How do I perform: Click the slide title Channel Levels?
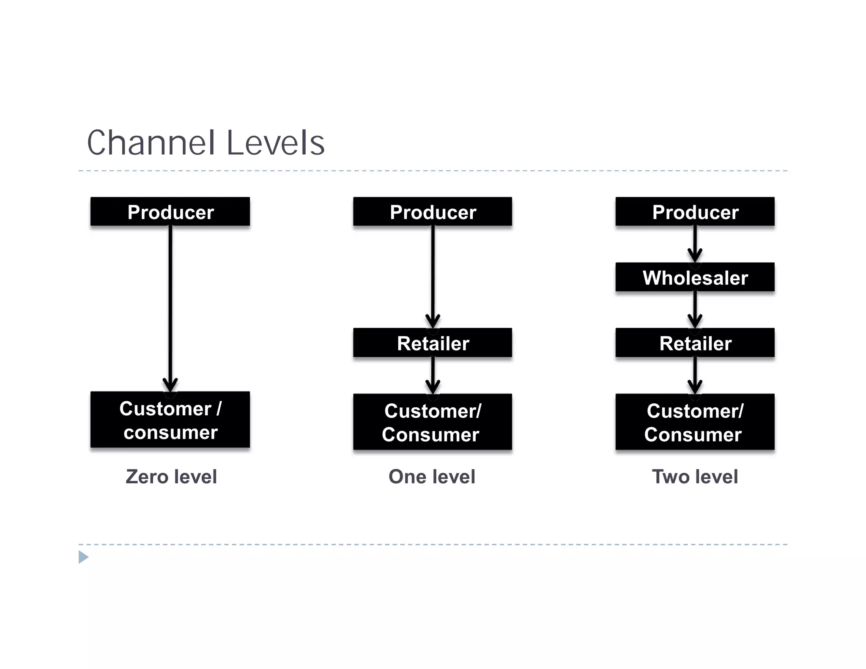(206, 143)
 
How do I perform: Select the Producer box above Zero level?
(170, 211)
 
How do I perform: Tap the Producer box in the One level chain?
(433, 211)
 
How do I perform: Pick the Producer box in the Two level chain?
(695, 211)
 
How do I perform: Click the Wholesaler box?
(695, 277)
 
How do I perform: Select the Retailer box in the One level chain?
(433, 343)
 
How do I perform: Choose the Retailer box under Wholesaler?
(695, 343)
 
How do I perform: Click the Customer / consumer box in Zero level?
(170, 420)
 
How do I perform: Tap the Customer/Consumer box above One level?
(433, 422)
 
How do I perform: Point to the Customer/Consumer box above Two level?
(695, 422)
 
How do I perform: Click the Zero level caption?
(171, 477)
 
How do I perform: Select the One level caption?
(432, 477)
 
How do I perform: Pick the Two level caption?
(695, 477)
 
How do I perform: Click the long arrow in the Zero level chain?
(170, 304)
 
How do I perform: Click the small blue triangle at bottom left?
(83, 557)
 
